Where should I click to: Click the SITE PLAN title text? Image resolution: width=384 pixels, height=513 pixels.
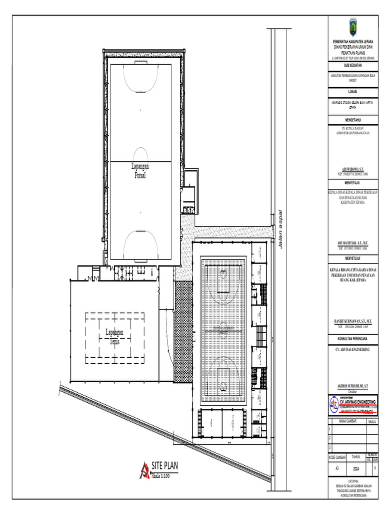(x=164, y=466)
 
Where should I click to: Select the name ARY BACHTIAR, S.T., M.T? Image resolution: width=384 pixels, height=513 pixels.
(x=353, y=243)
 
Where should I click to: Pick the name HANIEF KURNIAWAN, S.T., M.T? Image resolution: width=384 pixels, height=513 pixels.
(x=353, y=321)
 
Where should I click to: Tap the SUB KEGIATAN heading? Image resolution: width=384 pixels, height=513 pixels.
(x=353, y=66)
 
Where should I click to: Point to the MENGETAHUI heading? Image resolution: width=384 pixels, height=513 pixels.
(x=353, y=120)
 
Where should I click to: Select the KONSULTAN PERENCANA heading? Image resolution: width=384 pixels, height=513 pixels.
(x=353, y=339)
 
